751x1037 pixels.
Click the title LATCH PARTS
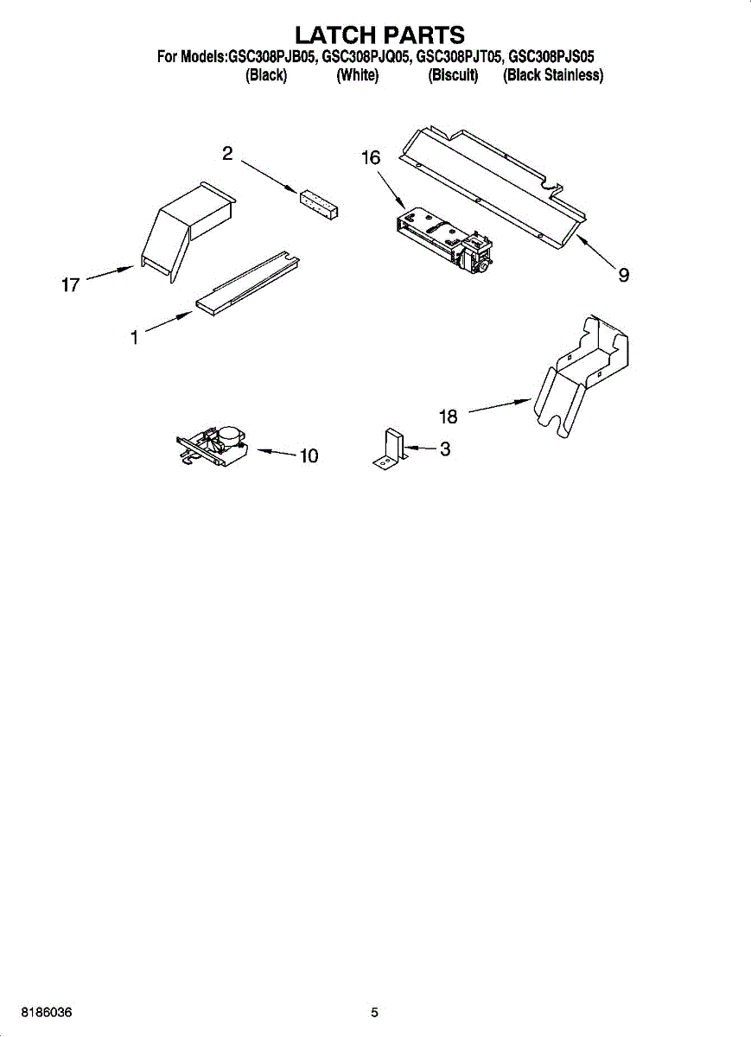(x=379, y=35)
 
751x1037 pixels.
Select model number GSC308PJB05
(x=272, y=57)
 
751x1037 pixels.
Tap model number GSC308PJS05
(x=551, y=57)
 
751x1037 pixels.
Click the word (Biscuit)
(x=453, y=76)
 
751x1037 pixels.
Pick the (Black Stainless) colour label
(x=553, y=76)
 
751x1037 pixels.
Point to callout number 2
(x=227, y=154)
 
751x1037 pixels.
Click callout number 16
(x=370, y=158)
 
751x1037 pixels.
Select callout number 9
(x=623, y=275)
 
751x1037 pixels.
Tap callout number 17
(x=71, y=284)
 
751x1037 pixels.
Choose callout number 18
(x=448, y=417)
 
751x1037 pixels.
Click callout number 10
(x=309, y=455)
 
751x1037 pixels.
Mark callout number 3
(x=444, y=449)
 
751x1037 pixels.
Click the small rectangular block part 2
(x=318, y=202)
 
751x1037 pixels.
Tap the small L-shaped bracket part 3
(x=391, y=450)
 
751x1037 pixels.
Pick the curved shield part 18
(x=583, y=372)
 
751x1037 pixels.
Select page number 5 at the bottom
(x=374, y=1012)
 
